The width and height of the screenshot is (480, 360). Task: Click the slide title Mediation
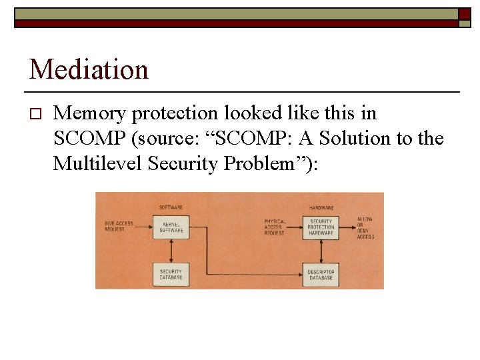click(89, 69)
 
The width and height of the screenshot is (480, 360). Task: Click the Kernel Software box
click(171, 227)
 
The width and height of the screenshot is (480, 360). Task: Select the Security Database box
click(171, 274)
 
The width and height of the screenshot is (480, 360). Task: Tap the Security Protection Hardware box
click(321, 227)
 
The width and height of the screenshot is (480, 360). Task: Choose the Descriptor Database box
click(321, 274)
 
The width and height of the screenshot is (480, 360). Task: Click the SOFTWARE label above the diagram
click(171, 207)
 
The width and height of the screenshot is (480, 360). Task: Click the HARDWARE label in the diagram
click(321, 207)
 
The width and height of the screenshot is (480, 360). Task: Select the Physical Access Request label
click(275, 227)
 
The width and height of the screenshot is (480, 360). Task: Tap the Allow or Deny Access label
click(365, 227)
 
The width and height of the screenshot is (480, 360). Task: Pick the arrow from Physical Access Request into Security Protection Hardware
click(295, 228)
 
